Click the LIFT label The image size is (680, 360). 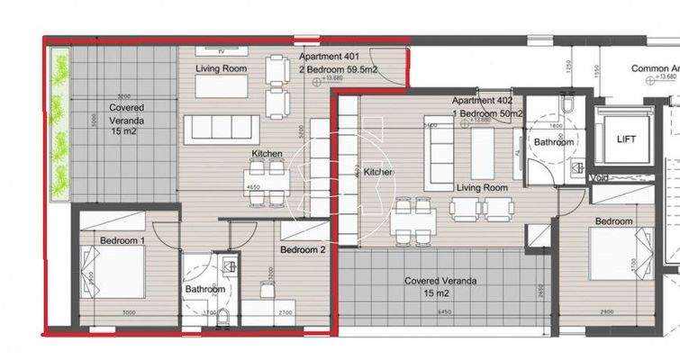626,139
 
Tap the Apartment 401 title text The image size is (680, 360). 330,57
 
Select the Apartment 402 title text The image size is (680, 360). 482,101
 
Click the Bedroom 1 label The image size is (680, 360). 122,241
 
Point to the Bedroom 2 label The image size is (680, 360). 303,249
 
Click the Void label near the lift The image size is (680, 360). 600,177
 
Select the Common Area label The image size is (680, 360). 654,68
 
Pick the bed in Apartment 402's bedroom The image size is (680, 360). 620,256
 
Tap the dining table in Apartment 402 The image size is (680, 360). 413,217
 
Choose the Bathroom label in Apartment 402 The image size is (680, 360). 552,142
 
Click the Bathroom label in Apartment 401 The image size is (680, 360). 205,289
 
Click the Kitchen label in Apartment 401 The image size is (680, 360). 267,155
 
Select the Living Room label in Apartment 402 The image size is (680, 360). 482,188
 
